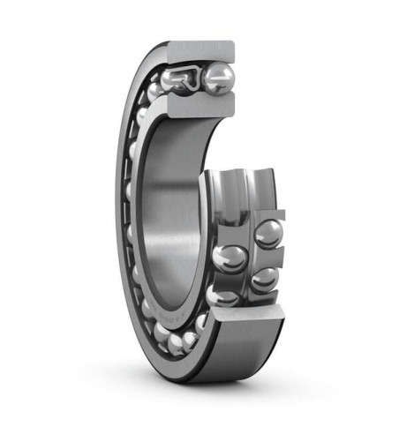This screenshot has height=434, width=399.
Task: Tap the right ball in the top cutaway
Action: [x=218, y=77]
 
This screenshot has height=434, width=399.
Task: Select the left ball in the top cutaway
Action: [x=175, y=80]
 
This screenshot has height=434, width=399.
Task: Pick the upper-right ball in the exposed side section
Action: [x=268, y=234]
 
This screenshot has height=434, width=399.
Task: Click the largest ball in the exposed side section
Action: [x=230, y=258]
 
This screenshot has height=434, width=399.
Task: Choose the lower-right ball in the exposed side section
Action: [x=264, y=281]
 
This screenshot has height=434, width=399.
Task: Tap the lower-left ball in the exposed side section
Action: [x=226, y=296]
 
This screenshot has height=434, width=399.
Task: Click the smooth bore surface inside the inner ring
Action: [x=177, y=212]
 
